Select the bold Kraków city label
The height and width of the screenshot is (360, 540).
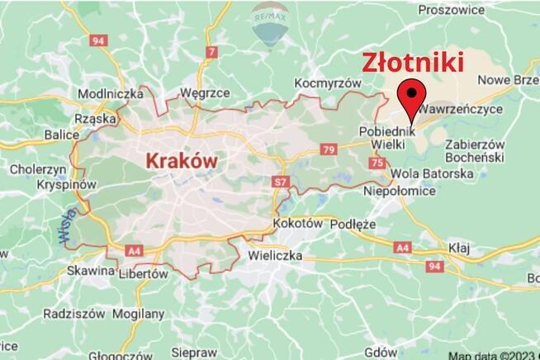(181, 161)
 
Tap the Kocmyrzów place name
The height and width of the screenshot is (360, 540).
(329, 83)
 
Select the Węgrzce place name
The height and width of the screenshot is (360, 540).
(204, 93)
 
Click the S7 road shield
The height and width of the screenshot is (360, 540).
(280, 180)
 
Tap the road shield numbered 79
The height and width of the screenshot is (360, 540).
(329, 149)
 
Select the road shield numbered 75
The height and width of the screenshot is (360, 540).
(378, 164)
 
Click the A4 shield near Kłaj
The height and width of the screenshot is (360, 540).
(403, 248)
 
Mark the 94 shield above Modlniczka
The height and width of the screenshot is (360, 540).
(99, 40)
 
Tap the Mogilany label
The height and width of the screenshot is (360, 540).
(137, 314)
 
